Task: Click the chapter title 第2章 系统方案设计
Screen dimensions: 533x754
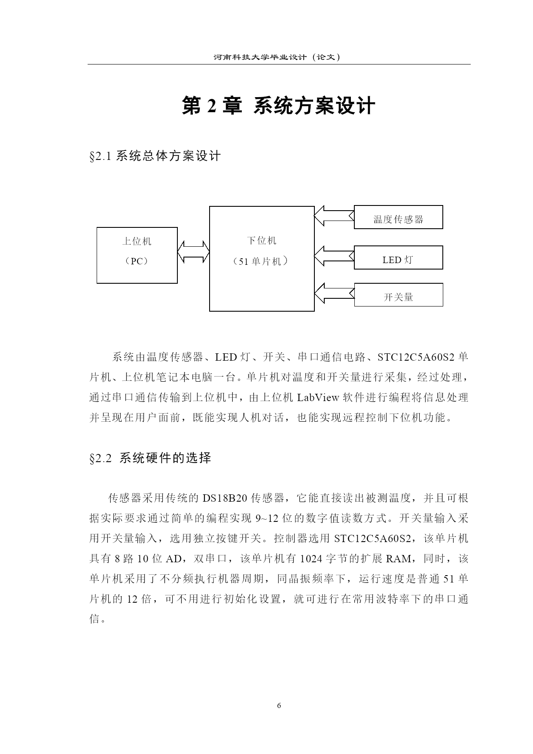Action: [279, 106]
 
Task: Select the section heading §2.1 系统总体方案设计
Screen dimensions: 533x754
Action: [155, 156]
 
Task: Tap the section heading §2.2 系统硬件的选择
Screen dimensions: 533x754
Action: [150, 458]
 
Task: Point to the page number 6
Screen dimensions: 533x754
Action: [279, 705]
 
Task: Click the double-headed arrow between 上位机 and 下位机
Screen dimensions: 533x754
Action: [193, 251]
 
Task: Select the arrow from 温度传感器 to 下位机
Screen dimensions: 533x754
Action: [334, 216]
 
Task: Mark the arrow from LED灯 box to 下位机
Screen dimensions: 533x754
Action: [334, 257]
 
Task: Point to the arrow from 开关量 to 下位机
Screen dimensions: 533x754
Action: [334, 294]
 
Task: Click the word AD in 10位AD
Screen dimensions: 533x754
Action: [174, 559]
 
